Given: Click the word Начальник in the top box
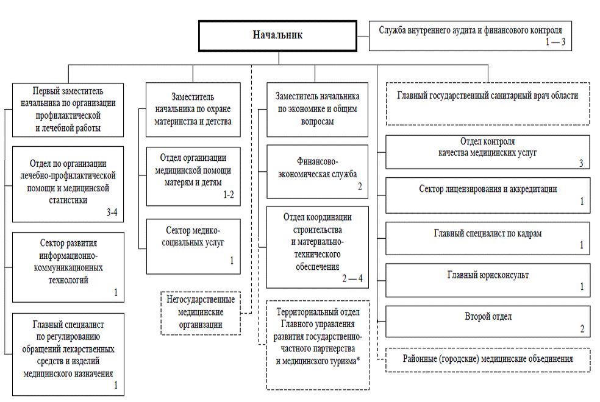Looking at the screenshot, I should [x=277, y=35].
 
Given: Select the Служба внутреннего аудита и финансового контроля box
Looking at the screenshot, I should [x=470, y=35].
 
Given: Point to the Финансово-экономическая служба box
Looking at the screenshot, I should [x=317, y=171].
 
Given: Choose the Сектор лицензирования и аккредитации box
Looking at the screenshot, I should [x=487, y=194].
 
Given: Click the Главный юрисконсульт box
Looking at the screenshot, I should [x=487, y=280].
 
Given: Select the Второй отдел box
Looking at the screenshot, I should [x=487, y=320].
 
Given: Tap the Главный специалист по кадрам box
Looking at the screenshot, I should [x=487, y=238].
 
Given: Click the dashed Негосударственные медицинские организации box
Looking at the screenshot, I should [x=201, y=312].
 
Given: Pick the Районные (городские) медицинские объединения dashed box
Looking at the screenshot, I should [x=488, y=359].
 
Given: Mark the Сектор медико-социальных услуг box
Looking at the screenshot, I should [x=193, y=246].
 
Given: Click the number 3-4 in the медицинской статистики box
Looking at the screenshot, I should [x=113, y=213].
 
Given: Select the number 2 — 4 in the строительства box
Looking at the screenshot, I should [x=352, y=278].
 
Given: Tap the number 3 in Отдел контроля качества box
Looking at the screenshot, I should [x=581, y=163].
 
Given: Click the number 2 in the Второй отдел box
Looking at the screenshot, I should [x=582, y=329].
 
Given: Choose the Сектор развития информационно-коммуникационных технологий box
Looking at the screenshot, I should [x=68, y=266].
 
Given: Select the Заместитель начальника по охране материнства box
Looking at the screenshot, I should [x=193, y=109].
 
